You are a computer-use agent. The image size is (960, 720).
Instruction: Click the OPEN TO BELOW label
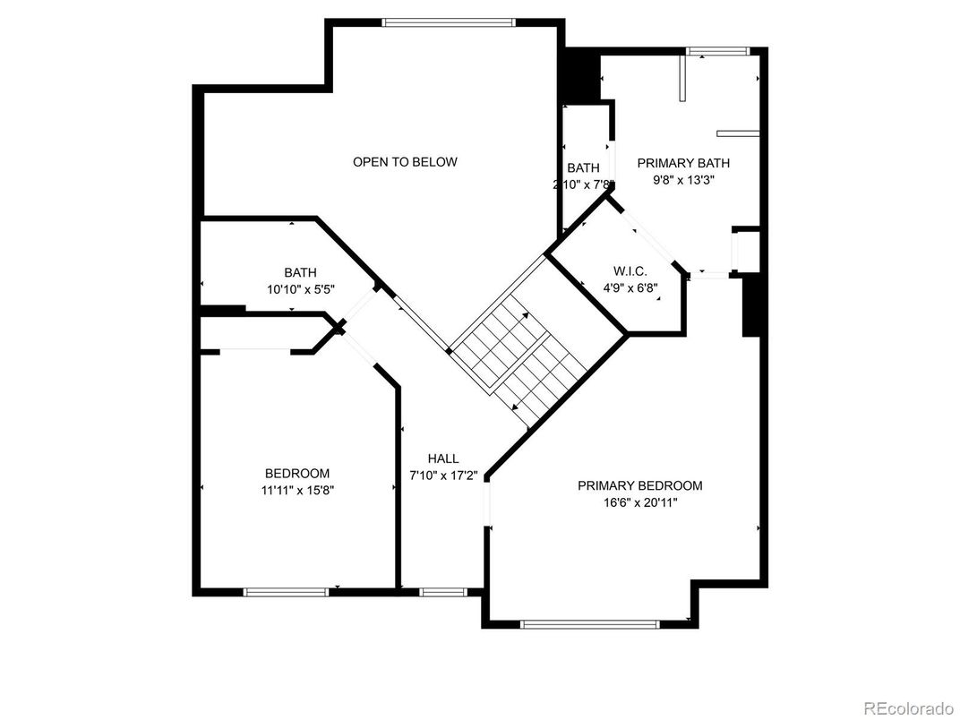point(405,162)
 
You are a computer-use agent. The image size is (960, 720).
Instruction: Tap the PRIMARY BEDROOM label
point(639,486)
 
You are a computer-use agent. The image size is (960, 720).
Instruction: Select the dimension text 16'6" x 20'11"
point(639,503)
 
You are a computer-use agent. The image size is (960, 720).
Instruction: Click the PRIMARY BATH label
point(683,164)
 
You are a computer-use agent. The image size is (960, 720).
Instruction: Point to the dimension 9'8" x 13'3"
point(684,180)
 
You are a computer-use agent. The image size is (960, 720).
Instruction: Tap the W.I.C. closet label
point(630,271)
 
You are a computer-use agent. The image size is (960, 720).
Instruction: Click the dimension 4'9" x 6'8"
point(630,287)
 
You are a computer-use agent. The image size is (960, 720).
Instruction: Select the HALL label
point(443,459)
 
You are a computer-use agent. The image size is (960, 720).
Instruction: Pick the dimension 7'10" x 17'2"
point(443,475)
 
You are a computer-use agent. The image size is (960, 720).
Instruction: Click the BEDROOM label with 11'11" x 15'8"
point(297,473)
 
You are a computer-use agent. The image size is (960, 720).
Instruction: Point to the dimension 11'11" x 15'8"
point(297,490)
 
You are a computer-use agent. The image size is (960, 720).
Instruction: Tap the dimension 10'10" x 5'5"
point(301,289)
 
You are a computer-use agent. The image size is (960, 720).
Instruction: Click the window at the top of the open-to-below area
point(449,22)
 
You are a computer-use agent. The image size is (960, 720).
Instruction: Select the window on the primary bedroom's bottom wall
point(589,624)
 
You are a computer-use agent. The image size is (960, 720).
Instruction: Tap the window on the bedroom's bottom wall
point(287,592)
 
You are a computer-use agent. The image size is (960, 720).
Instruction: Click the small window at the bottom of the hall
point(443,592)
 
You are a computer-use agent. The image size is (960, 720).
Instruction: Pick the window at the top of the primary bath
point(717,51)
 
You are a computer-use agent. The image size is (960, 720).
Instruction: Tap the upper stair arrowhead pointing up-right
point(526,316)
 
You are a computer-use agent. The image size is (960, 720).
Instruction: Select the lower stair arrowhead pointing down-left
point(515,406)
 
